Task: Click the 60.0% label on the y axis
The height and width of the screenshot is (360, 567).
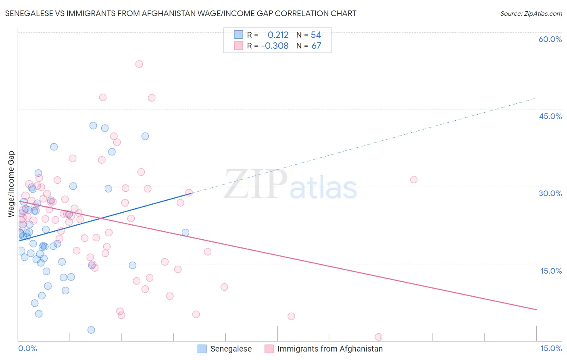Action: (x=550, y=39)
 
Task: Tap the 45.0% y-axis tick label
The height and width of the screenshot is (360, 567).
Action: (x=550, y=116)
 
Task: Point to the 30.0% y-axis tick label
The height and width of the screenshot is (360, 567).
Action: (x=550, y=193)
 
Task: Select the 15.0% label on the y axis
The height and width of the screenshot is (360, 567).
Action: (x=551, y=271)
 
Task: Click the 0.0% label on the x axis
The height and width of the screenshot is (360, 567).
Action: (x=27, y=348)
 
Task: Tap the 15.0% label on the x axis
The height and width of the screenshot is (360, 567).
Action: (x=551, y=348)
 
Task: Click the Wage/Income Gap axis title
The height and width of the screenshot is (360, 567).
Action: (x=11, y=184)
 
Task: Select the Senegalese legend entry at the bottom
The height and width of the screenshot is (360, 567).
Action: (x=231, y=349)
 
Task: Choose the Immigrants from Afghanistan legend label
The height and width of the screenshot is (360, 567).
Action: (x=330, y=349)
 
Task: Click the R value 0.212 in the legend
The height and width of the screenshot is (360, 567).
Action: (x=278, y=35)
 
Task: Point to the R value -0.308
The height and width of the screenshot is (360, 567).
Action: (x=275, y=46)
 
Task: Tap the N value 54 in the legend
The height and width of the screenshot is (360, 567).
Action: (x=316, y=35)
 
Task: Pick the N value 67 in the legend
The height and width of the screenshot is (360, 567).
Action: (x=316, y=46)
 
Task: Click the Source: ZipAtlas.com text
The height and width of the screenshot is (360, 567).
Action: (x=531, y=14)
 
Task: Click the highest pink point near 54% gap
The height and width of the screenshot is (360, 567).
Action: (x=139, y=64)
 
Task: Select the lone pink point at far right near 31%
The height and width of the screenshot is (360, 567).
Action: (x=414, y=180)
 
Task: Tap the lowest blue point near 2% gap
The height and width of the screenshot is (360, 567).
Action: (x=91, y=330)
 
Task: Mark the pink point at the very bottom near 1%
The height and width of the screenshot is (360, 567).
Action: (x=378, y=337)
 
